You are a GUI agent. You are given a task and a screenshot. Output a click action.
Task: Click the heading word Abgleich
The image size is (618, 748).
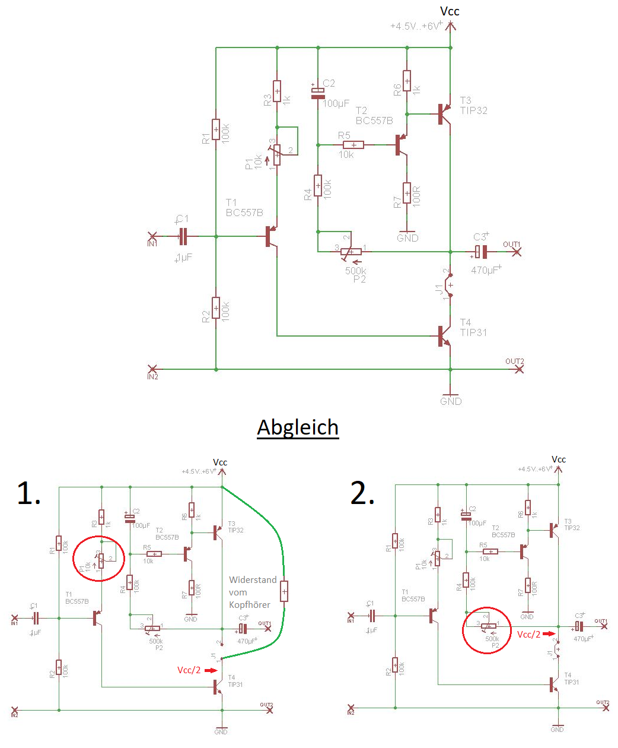pyautogui.click(x=298, y=427)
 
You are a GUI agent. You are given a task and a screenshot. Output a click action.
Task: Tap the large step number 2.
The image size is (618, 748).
pyautogui.click(x=362, y=493)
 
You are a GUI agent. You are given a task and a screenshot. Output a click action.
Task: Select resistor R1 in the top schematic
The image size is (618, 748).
pyautogui.click(x=216, y=129)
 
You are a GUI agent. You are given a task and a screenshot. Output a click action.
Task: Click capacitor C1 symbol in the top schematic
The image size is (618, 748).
pyautogui.click(x=183, y=236)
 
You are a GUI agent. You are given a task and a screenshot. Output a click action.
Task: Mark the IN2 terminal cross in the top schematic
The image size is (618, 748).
pyautogui.click(x=152, y=369)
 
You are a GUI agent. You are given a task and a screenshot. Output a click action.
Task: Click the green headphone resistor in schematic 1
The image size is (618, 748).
pyautogui.click(x=284, y=591)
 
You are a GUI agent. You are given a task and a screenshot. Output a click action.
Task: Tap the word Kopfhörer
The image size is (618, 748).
pyautogui.click(x=250, y=605)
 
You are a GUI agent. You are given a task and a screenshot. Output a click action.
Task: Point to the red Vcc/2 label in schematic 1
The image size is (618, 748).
pyautogui.click(x=189, y=670)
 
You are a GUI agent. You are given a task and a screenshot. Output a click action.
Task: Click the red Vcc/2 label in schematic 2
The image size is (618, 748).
pyautogui.click(x=529, y=635)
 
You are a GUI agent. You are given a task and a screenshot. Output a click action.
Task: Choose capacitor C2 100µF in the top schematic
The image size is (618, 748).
pyautogui.click(x=318, y=93)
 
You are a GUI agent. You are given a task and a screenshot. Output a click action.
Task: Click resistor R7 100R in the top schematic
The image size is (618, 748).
pyautogui.click(x=407, y=193)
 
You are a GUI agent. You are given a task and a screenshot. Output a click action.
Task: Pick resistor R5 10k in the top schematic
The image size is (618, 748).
pyautogui.click(x=353, y=145)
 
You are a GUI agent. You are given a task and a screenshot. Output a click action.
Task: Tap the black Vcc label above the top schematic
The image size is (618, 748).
pyautogui.click(x=450, y=11)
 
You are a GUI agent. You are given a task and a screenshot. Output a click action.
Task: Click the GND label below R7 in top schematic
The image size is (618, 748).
pyautogui.click(x=407, y=238)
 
